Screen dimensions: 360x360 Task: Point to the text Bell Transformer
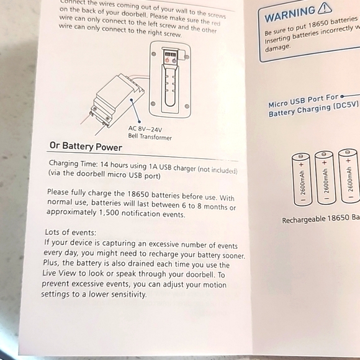(x=149, y=137)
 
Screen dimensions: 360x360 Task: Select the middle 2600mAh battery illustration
(x=325, y=178)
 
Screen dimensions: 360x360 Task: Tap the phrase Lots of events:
(x=70, y=232)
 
